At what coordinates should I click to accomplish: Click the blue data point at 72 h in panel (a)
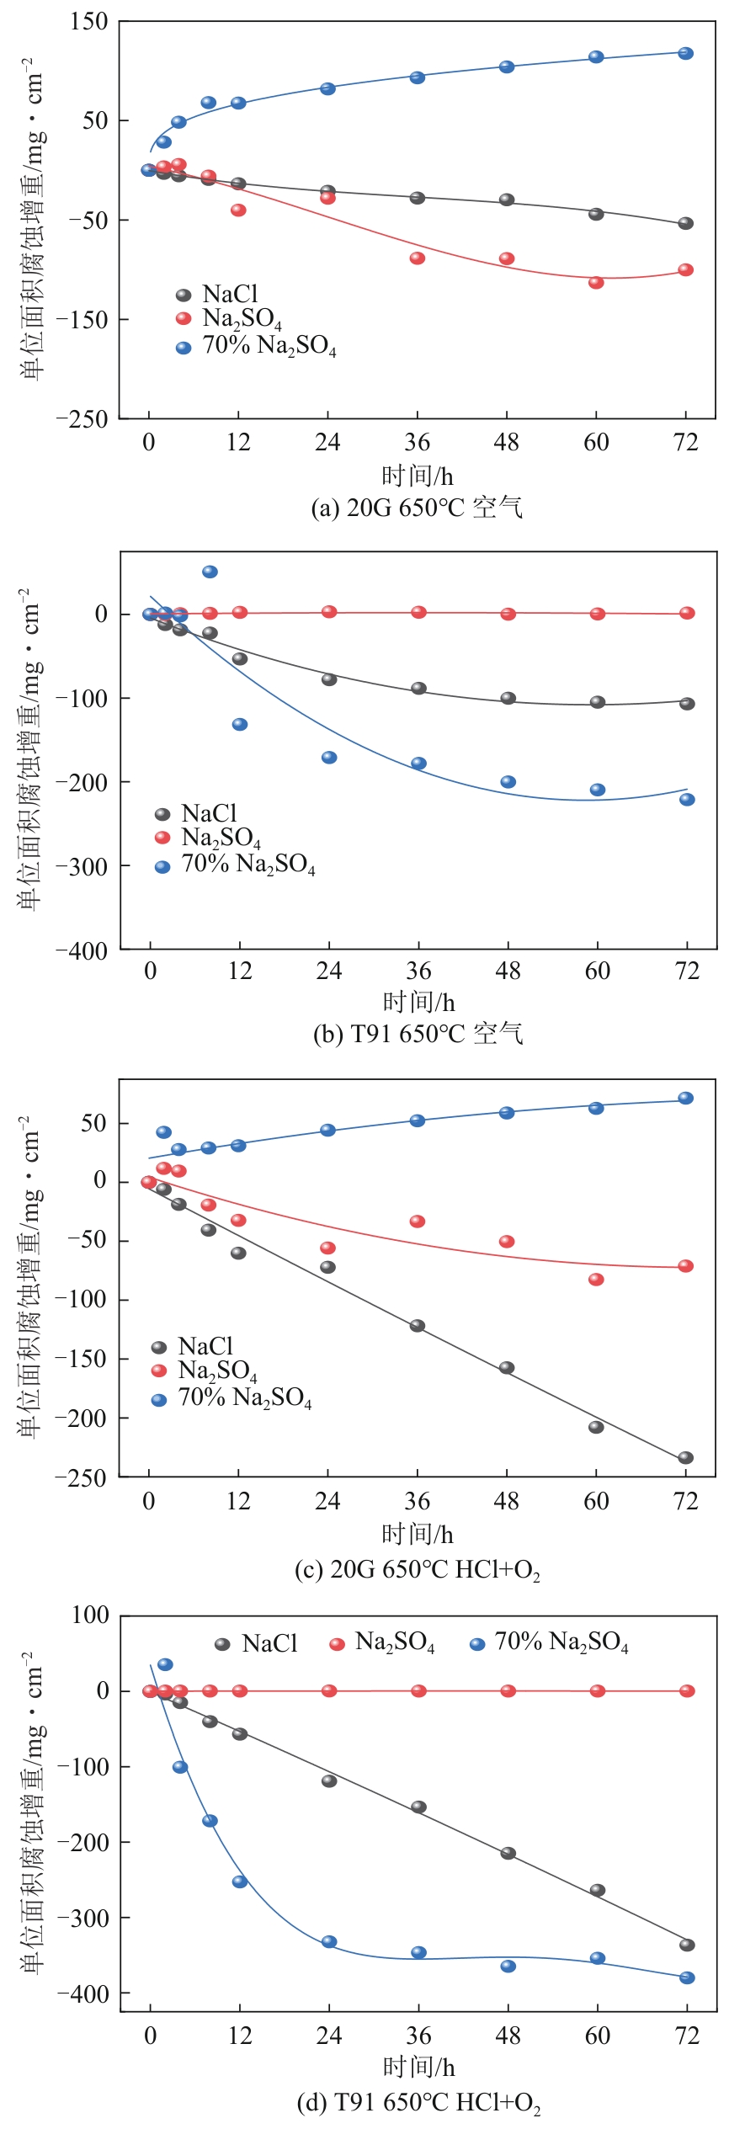tap(686, 54)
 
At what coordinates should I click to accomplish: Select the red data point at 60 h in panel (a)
tap(596, 283)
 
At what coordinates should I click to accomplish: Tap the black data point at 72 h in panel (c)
tap(686, 1457)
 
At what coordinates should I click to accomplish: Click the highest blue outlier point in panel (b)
tap(210, 572)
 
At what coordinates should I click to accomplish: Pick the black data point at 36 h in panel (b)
tap(418, 689)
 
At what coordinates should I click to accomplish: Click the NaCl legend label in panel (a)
tap(230, 294)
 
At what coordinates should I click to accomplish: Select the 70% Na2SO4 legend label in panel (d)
tap(561, 1642)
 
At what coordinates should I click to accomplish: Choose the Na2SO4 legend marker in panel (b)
tap(163, 838)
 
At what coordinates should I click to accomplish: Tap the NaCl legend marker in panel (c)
tap(159, 1348)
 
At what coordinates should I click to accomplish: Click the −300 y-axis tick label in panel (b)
tap(82, 866)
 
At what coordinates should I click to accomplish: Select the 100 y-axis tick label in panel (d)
tap(91, 1615)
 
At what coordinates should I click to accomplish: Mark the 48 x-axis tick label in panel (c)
tap(507, 1501)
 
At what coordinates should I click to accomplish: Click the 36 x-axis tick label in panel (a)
tap(418, 443)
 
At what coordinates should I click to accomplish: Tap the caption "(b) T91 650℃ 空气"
tap(418, 1033)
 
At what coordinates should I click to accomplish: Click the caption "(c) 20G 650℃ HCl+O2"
tap(418, 1569)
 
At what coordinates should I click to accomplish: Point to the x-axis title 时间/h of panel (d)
tap(418, 2066)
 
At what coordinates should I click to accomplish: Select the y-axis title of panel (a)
tap(31, 219)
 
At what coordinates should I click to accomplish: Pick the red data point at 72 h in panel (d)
tap(687, 1690)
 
